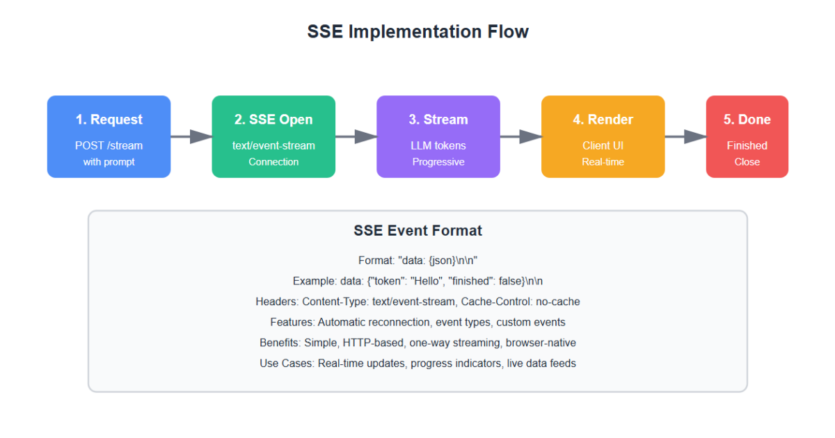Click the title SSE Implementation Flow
[x=417, y=31]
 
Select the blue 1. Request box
[x=109, y=137]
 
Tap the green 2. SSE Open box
[x=273, y=137]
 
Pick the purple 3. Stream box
[x=438, y=137]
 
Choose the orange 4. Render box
[x=603, y=137]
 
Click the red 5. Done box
[x=747, y=137]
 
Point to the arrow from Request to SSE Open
[x=191, y=137]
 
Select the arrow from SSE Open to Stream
[x=356, y=137]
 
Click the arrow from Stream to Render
[x=520, y=137]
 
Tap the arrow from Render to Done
[x=685, y=137]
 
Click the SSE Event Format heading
[x=417, y=231]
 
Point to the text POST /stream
[x=109, y=145]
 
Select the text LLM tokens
[x=438, y=145]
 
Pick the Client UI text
[x=603, y=145]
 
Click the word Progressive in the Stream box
[x=438, y=162]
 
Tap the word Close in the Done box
[x=747, y=162]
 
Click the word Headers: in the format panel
[x=277, y=301]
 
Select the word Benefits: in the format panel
[x=280, y=343]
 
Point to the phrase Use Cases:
[x=287, y=363]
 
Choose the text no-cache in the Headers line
[x=558, y=301]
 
